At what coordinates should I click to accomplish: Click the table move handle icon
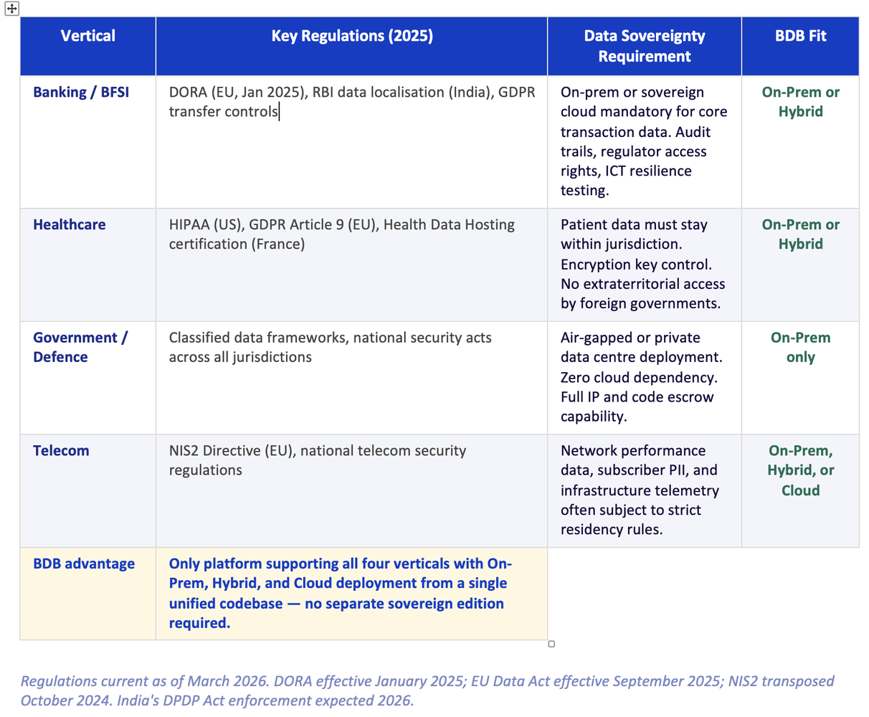11,9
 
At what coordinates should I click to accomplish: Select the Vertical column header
87,36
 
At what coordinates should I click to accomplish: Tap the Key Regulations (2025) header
351,36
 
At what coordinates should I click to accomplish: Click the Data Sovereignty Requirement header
644,46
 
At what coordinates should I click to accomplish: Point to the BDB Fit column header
800,36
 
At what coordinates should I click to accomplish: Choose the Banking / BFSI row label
81,92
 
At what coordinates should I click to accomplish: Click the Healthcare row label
69,225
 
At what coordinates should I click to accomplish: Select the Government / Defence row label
80,347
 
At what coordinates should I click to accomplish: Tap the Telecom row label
61,451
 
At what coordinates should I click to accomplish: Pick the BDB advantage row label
84,564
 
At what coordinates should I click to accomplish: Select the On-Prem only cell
800,347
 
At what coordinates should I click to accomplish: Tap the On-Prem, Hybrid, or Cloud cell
800,470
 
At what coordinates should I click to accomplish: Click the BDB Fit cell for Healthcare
800,234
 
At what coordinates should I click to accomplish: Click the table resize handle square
551,644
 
